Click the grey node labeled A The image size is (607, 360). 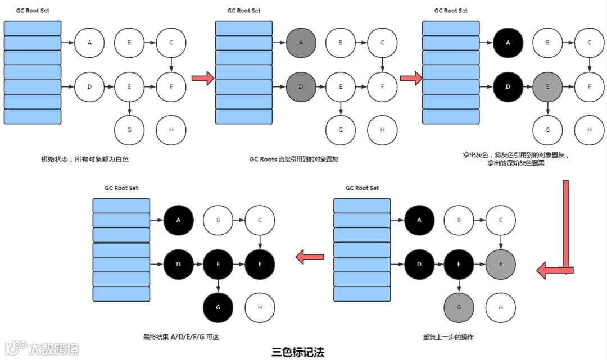click(x=301, y=43)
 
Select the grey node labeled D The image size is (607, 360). click(x=301, y=87)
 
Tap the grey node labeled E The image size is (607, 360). click(x=548, y=87)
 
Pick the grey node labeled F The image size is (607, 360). click(x=501, y=264)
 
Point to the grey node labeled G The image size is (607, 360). click(x=459, y=307)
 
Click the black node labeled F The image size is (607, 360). click(x=260, y=264)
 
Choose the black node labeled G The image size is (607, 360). click(x=218, y=307)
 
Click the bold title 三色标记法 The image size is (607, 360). click(x=298, y=352)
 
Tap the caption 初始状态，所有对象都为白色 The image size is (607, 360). click(x=85, y=160)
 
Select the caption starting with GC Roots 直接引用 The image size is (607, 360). click(x=294, y=160)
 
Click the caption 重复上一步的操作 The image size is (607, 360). click(x=449, y=337)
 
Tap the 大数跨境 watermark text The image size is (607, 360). click(x=54, y=349)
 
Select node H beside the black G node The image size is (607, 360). click(x=260, y=307)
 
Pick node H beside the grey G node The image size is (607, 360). click(x=501, y=307)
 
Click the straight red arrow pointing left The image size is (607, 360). click(x=310, y=258)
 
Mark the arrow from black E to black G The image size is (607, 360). click(x=218, y=285)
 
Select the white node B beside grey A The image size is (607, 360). click(x=342, y=43)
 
